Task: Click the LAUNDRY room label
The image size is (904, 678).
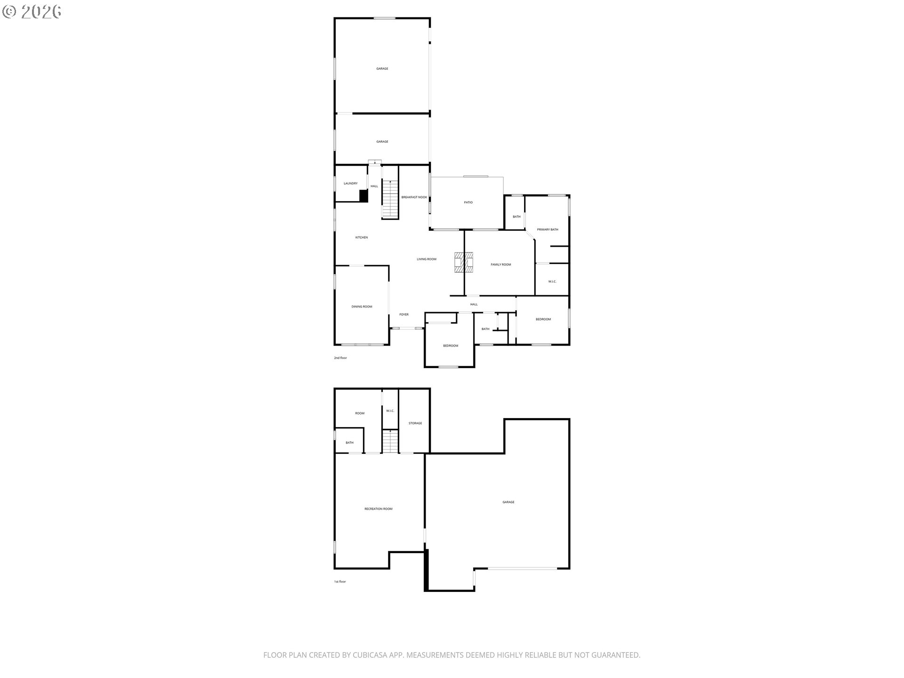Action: tap(350, 184)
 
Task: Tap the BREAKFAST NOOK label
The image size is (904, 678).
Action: tap(414, 197)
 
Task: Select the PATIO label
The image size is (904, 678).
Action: tap(468, 202)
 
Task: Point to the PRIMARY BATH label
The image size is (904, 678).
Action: tap(548, 230)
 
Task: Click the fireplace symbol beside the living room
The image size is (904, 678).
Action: tap(464, 262)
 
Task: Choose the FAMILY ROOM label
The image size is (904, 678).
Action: tap(501, 265)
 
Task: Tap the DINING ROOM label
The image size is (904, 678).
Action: tap(362, 307)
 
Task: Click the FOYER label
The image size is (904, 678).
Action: tap(404, 315)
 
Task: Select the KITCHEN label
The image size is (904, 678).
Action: tap(362, 238)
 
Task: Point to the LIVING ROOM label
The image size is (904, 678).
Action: tap(427, 259)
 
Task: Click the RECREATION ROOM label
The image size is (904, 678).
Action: tap(379, 509)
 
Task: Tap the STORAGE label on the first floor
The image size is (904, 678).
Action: tap(415, 423)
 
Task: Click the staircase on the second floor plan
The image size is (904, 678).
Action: tap(390, 199)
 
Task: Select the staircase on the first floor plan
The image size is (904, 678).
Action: tap(390, 441)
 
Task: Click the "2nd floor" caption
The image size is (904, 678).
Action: tap(340, 358)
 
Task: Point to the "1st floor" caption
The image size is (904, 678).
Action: tap(340, 581)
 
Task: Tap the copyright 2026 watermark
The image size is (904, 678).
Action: tap(32, 12)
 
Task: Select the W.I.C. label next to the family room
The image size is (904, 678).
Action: tap(552, 282)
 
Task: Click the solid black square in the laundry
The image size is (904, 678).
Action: tap(363, 196)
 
